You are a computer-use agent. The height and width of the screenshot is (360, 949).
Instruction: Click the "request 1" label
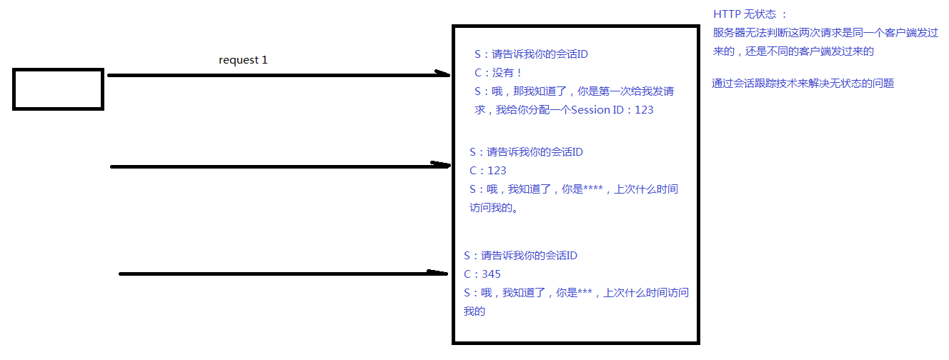tap(243, 60)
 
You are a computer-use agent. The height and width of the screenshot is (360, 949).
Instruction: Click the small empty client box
tap(58, 89)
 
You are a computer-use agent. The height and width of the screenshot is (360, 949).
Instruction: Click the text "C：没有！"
tap(498, 72)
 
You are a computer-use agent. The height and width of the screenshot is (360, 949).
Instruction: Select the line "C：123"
tap(487, 171)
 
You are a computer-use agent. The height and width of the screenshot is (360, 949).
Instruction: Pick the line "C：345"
tap(482, 274)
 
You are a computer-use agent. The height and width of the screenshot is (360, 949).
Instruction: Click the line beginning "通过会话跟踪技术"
tap(803, 84)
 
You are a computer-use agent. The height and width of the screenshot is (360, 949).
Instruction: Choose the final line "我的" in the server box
tap(474, 311)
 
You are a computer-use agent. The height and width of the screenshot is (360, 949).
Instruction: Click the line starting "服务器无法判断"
tap(825, 33)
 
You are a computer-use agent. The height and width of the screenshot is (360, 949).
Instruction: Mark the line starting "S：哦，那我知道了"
tap(574, 91)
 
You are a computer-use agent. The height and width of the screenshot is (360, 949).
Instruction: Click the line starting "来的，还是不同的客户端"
tap(793, 51)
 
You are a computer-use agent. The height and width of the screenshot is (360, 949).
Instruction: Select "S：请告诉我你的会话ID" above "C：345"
tap(520, 256)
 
